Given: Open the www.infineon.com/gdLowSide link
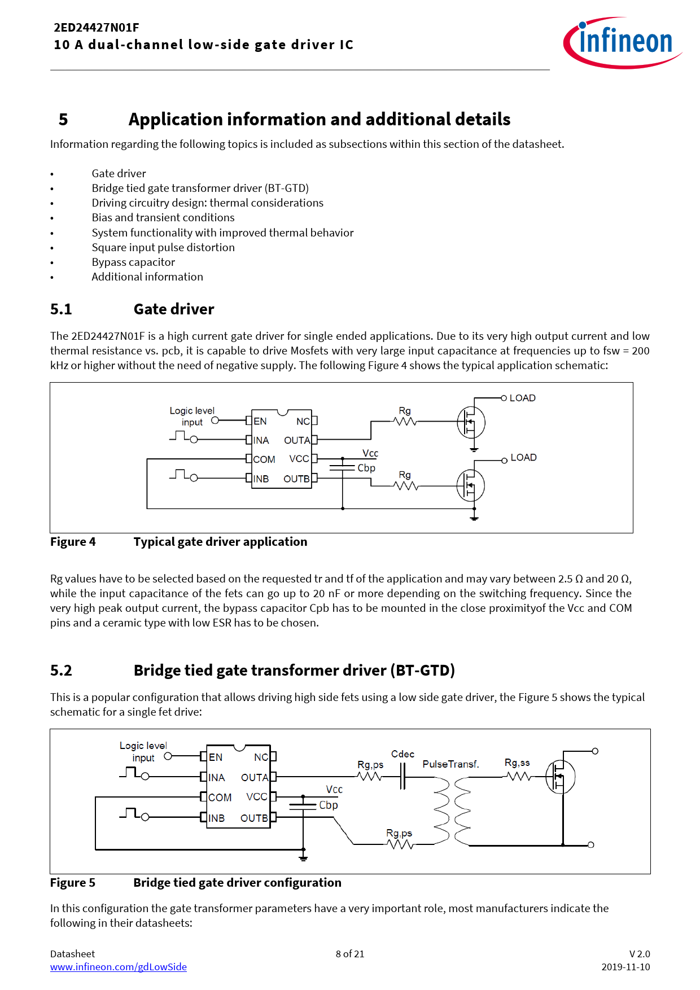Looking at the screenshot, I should tap(118, 967).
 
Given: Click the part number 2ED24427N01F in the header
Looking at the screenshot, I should tap(97, 28).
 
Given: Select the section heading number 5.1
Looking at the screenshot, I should tap(61, 309).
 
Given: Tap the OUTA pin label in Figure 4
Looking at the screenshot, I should tap(297, 440).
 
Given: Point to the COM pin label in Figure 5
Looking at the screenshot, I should tap(220, 798).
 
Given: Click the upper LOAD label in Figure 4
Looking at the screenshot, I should tap(522, 398).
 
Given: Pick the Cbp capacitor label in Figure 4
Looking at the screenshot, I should tap(366, 468).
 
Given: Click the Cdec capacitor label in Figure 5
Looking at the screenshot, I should tap(403, 754).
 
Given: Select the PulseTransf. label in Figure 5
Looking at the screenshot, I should tap(450, 764).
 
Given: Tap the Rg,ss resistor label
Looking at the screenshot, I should tap(517, 763).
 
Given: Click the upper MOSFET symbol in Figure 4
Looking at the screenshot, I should tap(471, 422).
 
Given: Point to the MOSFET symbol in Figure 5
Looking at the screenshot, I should tap(560, 777).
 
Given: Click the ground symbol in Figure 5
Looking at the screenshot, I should tap(303, 857).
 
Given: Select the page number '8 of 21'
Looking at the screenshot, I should tap(350, 954).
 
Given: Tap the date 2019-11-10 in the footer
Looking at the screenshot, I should tap(625, 967).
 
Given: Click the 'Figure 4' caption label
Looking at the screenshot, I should tap(73, 542).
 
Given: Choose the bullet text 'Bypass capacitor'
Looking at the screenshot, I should tap(133, 262).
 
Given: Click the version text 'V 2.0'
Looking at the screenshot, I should tap(640, 954).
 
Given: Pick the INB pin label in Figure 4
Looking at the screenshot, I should tap(261, 479).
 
